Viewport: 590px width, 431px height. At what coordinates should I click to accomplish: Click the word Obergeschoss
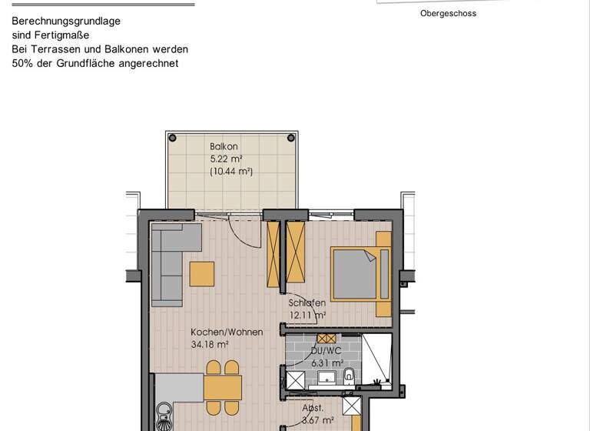448,13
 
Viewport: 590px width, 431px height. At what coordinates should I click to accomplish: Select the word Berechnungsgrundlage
66,22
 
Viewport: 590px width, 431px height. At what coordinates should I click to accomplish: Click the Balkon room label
224,146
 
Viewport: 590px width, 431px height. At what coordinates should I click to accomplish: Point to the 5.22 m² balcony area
226,159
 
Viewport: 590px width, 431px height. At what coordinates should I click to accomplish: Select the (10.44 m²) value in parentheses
231,172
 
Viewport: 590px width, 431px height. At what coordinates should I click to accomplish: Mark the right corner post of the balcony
291,139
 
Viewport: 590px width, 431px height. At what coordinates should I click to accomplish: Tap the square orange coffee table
202,274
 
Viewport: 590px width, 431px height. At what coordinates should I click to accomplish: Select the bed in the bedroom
355,274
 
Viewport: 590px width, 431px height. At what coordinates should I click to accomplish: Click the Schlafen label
307,303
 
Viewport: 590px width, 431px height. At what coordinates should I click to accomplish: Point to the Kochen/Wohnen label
227,332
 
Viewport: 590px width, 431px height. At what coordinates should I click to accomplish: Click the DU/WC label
326,351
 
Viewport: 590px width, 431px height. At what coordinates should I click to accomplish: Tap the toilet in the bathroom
349,376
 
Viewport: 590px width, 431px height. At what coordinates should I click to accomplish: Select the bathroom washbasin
326,378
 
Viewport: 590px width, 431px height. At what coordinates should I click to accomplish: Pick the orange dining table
223,387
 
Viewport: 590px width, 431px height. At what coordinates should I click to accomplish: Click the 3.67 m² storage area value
317,420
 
